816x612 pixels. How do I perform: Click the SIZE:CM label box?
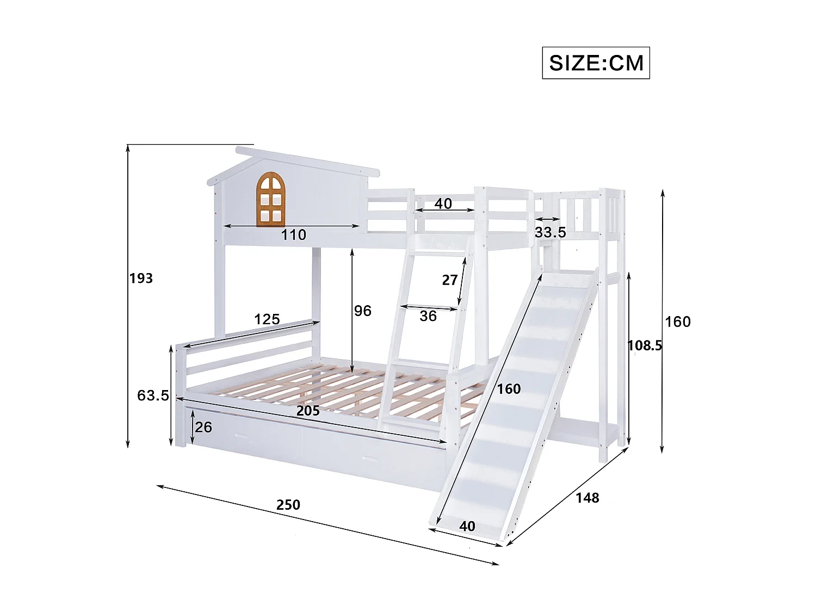[596, 63]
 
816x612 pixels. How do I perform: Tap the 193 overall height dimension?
[141, 279]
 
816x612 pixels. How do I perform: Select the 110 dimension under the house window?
[293, 235]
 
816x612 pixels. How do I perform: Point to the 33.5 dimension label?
[550, 232]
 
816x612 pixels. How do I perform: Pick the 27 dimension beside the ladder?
[449, 280]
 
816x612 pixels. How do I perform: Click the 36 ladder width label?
[428, 316]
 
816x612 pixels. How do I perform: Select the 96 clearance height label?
[363, 311]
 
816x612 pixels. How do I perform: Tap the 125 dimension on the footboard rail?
[267, 319]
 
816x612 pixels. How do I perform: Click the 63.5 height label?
[153, 395]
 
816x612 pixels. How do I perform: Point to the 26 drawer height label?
[203, 427]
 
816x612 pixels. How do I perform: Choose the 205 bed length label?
[308, 411]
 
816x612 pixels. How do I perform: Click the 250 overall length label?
[288, 505]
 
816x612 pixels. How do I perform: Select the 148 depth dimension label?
[587, 498]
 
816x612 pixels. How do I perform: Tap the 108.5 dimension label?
[645, 345]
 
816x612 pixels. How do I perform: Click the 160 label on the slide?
[509, 389]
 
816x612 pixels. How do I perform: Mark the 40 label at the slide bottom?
[467, 526]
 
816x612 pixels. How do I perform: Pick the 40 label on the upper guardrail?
[443, 203]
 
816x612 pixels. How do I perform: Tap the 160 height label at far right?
[677, 322]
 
